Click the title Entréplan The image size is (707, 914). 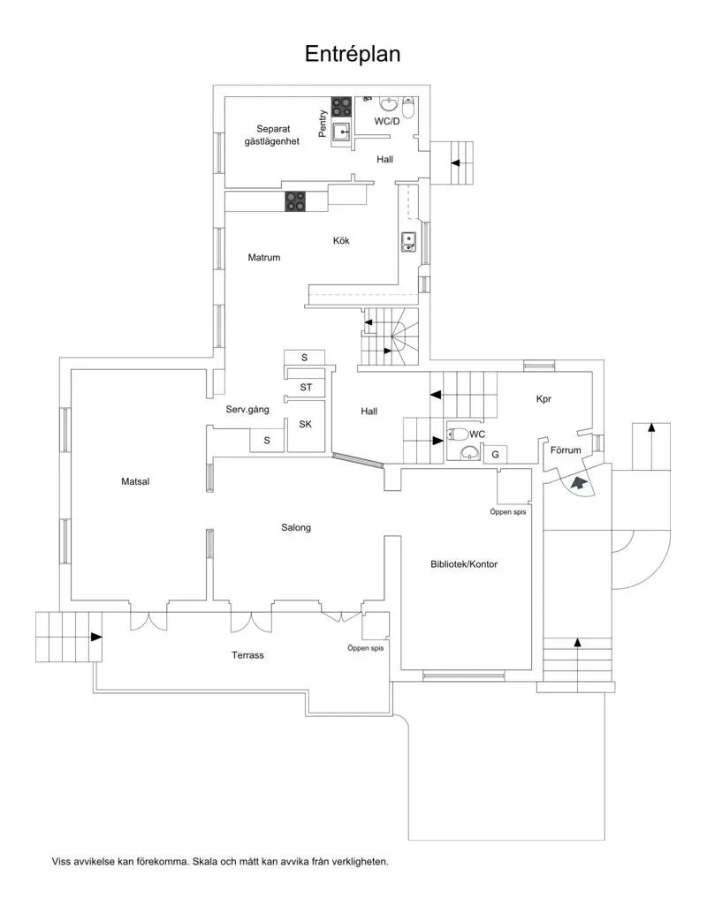point(353,54)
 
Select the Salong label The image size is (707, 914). point(296,527)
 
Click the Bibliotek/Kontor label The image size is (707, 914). point(464,563)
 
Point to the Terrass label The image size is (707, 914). point(247,655)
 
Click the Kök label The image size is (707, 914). point(342,239)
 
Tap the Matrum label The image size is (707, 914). point(264,258)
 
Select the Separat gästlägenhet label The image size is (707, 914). point(272,134)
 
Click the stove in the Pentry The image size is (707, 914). point(342,108)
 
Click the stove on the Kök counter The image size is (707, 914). point(295,202)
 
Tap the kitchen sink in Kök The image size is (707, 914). point(409,241)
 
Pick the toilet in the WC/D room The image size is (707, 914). point(408,108)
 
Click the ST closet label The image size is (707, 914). point(306,387)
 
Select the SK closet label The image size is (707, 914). point(306,424)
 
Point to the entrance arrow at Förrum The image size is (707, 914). point(579,483)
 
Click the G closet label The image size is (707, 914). point(496,454)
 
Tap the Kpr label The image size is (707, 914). point(544,399)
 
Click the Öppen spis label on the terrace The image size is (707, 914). point(365,648)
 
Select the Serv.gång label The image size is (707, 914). point(247,410)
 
